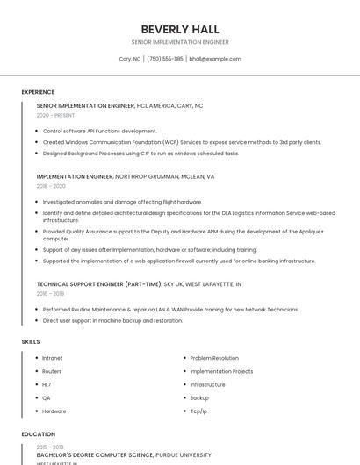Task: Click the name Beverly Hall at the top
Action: click(180, 30)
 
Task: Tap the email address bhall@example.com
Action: click(214, 59)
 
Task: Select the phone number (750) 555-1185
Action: click(165, 59)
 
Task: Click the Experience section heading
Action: click(38, 92)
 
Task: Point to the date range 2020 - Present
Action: click(55, 115)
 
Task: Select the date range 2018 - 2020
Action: click(51, 186)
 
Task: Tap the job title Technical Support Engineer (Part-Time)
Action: click(99, 284)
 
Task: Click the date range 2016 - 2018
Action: click(51, 294)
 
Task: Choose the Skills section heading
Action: click(31, 341)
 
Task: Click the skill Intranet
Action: click(53, 358)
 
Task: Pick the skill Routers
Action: click(52, 371)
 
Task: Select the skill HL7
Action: click(47, 384)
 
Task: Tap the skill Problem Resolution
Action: click(214, 358)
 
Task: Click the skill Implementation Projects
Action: click(221, 371)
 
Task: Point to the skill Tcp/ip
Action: click(198, 411)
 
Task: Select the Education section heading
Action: click(39, 434)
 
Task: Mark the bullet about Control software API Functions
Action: click(100, 131)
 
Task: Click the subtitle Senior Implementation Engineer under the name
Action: click(180, 42)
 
